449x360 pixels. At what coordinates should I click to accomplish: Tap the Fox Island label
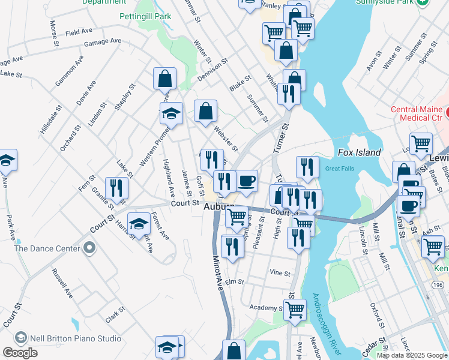359,152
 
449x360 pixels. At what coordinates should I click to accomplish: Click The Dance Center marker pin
89,248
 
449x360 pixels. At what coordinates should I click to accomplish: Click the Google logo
20,353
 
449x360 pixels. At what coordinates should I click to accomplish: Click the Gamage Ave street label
103,41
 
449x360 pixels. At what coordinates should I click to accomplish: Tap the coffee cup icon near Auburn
246,181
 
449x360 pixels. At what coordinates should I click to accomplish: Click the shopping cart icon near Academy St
295,309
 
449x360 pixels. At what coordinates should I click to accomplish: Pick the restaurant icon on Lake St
116,188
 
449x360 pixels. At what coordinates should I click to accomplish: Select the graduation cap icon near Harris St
139,224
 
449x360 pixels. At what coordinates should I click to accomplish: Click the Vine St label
280,273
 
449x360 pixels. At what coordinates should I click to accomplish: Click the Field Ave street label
79,31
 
